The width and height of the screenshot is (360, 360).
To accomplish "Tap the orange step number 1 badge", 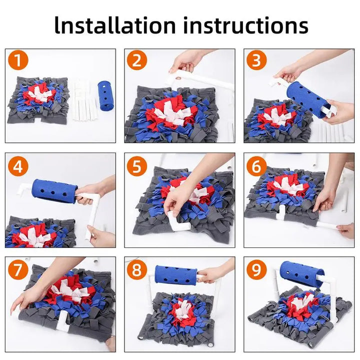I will point(18,61).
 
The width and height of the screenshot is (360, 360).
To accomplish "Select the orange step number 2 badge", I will point(137,61).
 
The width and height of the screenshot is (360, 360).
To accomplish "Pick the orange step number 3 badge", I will point(256,61).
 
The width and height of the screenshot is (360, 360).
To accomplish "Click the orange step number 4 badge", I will point(18,166).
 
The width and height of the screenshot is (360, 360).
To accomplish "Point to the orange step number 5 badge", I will point(137,166).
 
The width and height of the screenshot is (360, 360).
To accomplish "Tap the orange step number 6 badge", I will point(256,166).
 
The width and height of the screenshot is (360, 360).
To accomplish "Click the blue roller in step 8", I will point(175,275).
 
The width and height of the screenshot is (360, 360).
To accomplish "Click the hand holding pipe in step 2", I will point(186,61).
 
